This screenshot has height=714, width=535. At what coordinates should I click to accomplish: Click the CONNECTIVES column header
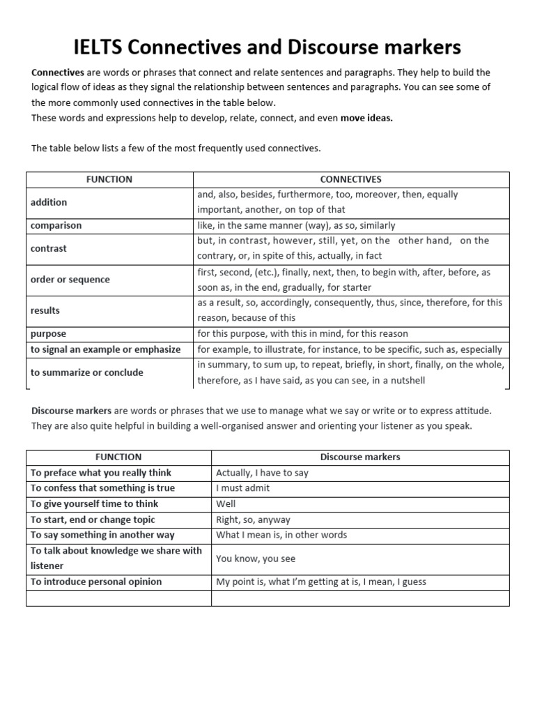click(351, 179)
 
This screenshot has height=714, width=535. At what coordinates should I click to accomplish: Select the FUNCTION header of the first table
click(109, 179)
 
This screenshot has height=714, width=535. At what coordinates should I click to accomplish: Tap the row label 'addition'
click(49, 202)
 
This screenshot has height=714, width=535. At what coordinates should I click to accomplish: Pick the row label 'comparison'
click(56, 225)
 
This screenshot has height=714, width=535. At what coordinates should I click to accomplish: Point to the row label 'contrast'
click(49, 248)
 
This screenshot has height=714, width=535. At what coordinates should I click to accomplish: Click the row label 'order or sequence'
click(70, 280)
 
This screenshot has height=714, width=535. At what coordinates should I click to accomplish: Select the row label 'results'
click(45, 310)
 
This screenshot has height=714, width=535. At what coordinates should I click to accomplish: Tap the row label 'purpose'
click(48, 333)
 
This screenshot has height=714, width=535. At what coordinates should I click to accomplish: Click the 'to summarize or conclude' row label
click(86, 372)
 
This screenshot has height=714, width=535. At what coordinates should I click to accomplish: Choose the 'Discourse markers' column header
click(360, 457)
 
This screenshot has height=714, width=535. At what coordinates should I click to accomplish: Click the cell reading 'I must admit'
click(242, 488)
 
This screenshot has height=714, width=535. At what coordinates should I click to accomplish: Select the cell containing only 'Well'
click(226, 503)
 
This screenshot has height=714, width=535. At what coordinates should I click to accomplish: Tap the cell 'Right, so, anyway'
click(253, 519)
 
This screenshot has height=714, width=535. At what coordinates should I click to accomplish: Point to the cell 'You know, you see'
click(256, 559)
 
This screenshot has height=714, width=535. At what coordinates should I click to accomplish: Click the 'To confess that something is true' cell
click(102, 488)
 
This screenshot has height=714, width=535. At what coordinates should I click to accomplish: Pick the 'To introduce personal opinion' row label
click(96, 582)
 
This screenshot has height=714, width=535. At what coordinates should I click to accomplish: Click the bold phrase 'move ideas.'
click(366, 118)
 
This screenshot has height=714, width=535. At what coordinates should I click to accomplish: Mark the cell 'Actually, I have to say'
click(262, 473)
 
